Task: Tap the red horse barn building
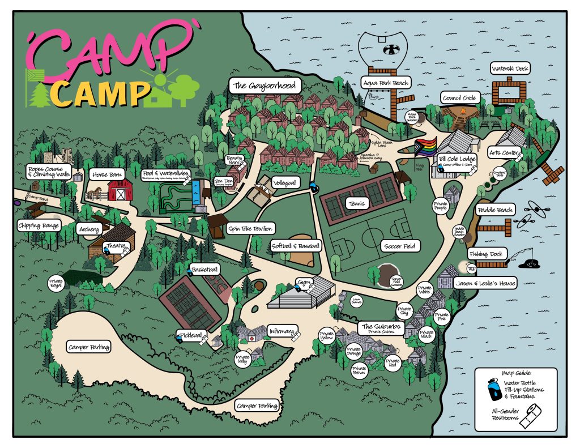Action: [x=120, y=190]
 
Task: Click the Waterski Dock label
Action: [x=510, y=69]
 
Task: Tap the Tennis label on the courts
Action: [x=359, y=203]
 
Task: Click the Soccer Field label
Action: [x=400, y=246]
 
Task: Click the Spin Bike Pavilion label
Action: [x=250, y=229]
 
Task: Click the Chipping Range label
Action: [x=39, y=226]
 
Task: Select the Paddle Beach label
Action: [x=495, y=210]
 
